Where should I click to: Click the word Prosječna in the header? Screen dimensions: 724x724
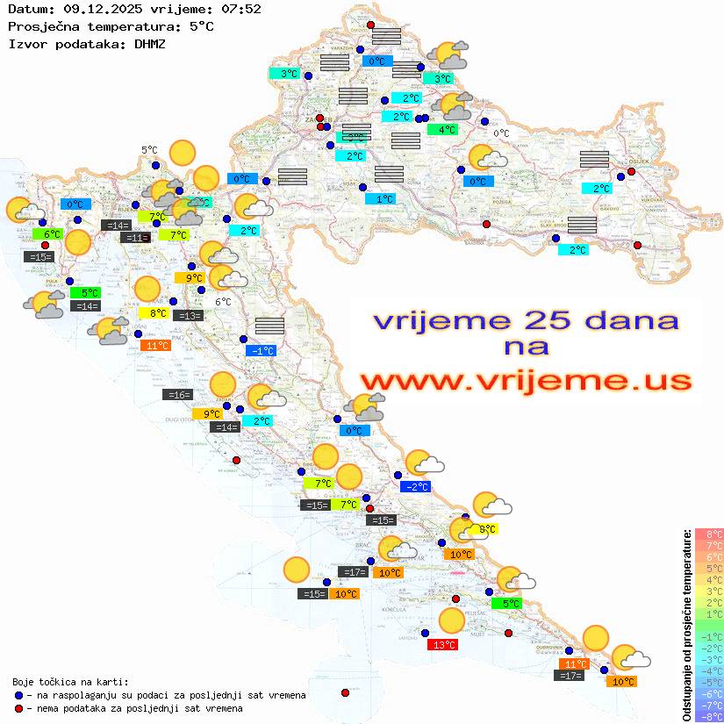pyautogui.click(x=41, y=25)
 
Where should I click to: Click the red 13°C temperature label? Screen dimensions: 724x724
pyautogui.click(x=442, y=645)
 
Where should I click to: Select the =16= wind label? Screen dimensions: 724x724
pyautogui.click(x=177, y=395)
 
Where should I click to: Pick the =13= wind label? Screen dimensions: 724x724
pyautogui.click(x=188, y=315)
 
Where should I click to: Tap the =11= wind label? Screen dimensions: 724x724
pyautogui.click(x=136, y=238)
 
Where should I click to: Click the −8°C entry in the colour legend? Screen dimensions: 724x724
pyautogui.click(x=708, y=716)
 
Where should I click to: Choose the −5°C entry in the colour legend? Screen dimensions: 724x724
pyautogui.click(x=708, y=682)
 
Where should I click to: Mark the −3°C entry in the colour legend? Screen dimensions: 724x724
pyautogui.click(x=708, y=659)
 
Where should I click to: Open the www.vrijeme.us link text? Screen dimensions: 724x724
pyautogui.click(x=526, y=382)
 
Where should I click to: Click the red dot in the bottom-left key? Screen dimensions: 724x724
pyautogui.click(x=18, y=708)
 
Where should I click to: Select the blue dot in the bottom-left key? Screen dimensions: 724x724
pyautogui.click(x=18, y=695)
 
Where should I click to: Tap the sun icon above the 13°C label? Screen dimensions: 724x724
pyautogui.click(x=451, y=620)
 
